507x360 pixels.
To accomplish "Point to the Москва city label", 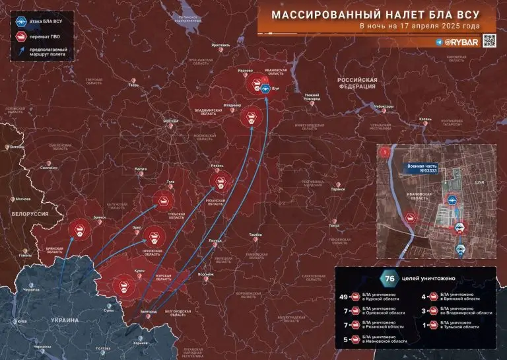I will point(171,122).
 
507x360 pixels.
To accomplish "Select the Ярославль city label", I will point(220,46).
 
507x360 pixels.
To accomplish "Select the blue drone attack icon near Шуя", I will point(265,89).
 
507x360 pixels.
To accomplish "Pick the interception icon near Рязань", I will point(220,181).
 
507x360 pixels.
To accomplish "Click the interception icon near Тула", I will point(163,201).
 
